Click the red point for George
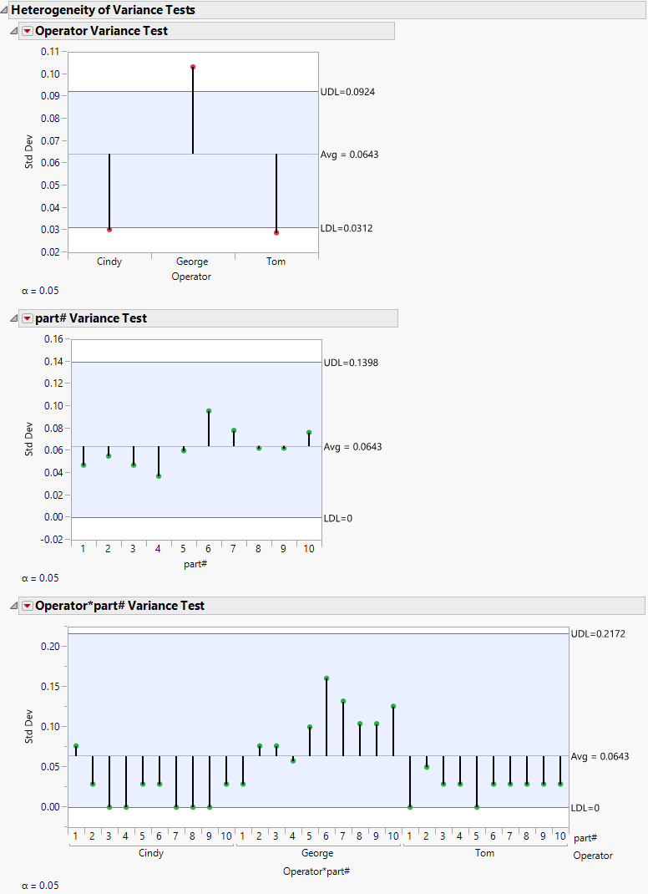tap(193, 67)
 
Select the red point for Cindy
tap(109, 229)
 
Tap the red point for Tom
tap(276, 232)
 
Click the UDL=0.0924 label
tap(347, 92)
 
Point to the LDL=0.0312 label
tap(347, 228)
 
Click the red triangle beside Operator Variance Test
tap(28, 31)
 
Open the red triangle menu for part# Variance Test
tap(28, 318)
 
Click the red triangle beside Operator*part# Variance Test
tap(28, 606)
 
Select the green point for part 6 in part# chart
tap(209, 411)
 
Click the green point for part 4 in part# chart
tap(159, 475)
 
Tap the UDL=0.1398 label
tap(351, 363)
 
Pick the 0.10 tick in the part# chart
tap(53, 406)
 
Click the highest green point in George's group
tap(327, 678)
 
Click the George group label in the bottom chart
tap(317, 853)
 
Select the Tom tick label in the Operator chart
tap(276, 262)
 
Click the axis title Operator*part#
tap(316, 871)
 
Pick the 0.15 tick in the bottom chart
tap(49, 687)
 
